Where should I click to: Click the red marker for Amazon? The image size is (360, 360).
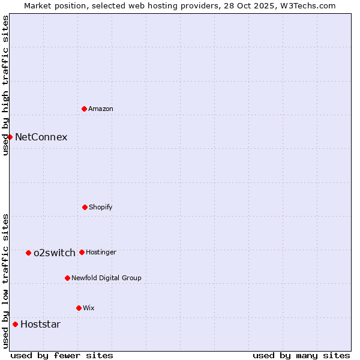pyautogui.click(x=84, y=109)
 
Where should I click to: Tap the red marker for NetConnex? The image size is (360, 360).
pyautogui.click(x=10, y=137)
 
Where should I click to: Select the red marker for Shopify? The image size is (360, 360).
pyautogui.click(x=85, y=207)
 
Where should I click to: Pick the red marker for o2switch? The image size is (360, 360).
pyautogui.click(x=28, y=253)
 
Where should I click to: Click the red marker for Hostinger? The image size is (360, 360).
pyautogui.click(x=82, y=252)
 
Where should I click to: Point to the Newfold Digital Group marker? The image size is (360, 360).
pyautogui.click(x=67, y=278)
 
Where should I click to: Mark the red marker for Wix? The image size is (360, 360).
pyautogui.click(x=79, y=308)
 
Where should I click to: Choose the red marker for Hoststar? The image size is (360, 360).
pyautogui.click(x=15, y=324)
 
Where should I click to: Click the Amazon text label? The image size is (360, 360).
pyautogui.click(x=101, y=109)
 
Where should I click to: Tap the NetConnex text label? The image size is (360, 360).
pyautogui.click(x=41, y=137)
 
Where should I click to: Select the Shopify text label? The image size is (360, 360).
pyautogui.click(x=101, y=207)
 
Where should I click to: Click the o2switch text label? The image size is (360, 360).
pyautogui.click(x=54, y=253)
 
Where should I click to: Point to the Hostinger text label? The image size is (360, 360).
pyautogui.click(x=101, y=252)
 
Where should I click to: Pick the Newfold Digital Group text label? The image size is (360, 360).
pyautogui.click(x=106, y=278)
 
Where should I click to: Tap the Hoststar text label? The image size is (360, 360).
pyautogui.click(x=40, y=324)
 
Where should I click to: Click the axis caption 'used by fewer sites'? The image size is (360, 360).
pyautogui.click(x=62, y=355)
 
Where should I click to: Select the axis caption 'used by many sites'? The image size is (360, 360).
pyautogui.click(x=301, y=355)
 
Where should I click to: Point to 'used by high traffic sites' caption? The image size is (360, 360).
pyautogui.click(x=5, y=85)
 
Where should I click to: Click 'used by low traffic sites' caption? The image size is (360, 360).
pyautogui.click(x=5, y=281)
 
